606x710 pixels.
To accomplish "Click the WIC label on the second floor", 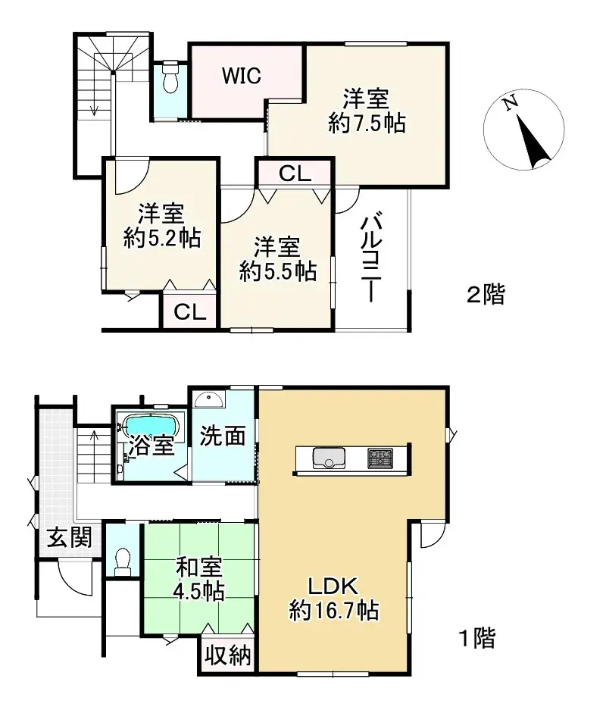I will coord(242,76).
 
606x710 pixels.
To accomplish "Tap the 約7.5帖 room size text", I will coord(367,123).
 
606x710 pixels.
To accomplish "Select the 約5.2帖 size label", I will coord(161,239).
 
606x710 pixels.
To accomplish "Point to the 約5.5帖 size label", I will coord(277,271).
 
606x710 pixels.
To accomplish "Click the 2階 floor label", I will coord(484,294).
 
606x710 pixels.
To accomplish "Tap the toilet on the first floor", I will coord(122,561).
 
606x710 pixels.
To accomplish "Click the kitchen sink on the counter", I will coord(328,458).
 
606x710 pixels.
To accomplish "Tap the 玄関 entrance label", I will coord(70,538).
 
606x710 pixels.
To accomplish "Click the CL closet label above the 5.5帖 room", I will coord(294,174).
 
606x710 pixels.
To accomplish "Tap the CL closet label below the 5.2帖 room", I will coord(189,312).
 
